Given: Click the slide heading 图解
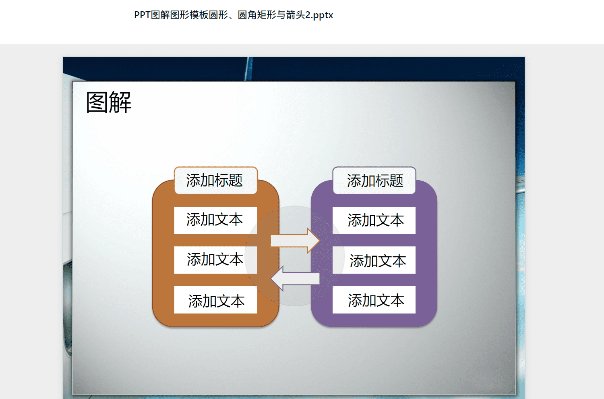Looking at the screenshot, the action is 109,102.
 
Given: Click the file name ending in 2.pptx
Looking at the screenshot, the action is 234,15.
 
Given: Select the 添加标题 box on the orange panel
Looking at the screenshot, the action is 216,180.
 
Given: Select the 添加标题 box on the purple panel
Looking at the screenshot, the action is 374,180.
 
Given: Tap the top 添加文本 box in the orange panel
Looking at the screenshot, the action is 216,220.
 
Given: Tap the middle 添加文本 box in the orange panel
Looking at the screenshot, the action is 216,260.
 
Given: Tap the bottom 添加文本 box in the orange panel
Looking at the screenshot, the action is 216,300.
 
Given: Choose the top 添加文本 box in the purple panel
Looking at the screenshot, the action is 374,220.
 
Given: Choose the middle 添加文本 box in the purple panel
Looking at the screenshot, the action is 374,260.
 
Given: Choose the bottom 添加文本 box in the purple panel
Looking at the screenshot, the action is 374,300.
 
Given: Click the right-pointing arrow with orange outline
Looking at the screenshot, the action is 295,241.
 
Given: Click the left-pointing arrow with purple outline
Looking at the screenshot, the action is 295,278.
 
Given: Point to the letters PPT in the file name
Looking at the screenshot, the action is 142,15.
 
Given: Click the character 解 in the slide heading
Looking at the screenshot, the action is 120,102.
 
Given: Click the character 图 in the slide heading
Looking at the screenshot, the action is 97,102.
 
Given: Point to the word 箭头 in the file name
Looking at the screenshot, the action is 296,15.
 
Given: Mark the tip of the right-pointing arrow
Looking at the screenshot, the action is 320,241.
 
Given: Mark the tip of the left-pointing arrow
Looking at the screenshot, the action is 271,278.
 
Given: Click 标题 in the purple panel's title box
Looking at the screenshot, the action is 389,180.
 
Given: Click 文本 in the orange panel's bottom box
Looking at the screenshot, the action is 231,301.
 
